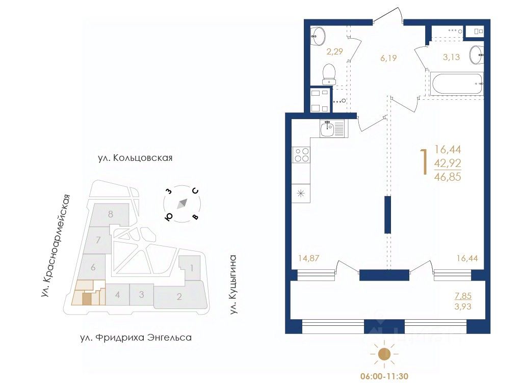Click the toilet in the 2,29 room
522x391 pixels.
pyautogui.click(x=329, y=74)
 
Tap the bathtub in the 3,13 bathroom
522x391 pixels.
pyautogui.click(x=456, y=84)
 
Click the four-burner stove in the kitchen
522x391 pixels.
pyautogui.click(x=301, y=155)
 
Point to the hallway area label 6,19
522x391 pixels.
pyautogui.click(x=388, y=58)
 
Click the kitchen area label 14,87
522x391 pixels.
pyautogui.click(x=308, y=258)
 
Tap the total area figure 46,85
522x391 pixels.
pyautogui.click(x=448, y=177)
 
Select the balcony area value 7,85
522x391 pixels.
pyautogui.click(x=463, y=296)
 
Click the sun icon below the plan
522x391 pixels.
pyautogui.click(x=384, y=354)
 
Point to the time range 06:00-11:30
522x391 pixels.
pyautogui.click(x=384, y=376)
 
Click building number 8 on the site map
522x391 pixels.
pyautogui.click(x=111, y=214)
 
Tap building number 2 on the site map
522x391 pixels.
pyautogui.click(x=179, y=296)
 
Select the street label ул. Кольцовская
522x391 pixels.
pyautogui.click(x=135, y=157)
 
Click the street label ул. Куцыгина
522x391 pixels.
pyautogui.click(x=233, y=285)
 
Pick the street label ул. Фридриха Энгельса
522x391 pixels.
pyautogui.click(x=136, y=338)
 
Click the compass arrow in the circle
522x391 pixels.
pyautogui.click(x=182, y=204)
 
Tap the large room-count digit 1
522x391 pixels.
pyautogui.click(x=424, y=162)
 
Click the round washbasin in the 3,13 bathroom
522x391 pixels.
pyautogui.click(x=477, y=54)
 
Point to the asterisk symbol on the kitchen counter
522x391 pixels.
pyautogui.click(x=301, y=193)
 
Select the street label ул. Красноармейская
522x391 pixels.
pyautogui.click(x=56, y=246)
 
